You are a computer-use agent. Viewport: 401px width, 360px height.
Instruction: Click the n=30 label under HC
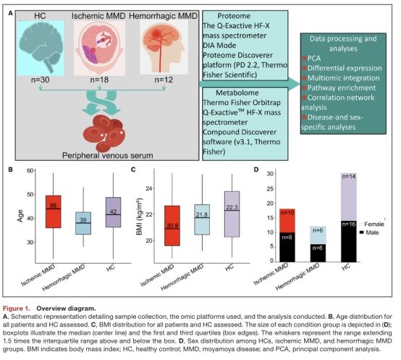coord(40,80)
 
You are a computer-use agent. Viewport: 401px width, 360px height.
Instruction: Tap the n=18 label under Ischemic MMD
coord(99,80)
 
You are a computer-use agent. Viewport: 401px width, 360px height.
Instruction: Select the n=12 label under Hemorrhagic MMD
coord(164,80)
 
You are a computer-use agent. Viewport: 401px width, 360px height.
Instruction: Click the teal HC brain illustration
coord(41,48)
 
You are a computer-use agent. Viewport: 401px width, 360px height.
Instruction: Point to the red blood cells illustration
coord(105,133)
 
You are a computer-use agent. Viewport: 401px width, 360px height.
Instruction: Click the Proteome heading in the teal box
coord(234,16)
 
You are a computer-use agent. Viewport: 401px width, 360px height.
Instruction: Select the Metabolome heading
coord(237,93)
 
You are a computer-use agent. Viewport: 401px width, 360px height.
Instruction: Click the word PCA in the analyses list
coord(314,59)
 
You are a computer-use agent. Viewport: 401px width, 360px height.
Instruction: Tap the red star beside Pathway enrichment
coord(304,88)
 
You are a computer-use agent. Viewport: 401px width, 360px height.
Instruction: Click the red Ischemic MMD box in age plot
coord(53,212)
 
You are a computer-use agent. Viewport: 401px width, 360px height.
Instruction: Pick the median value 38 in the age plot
coord(83,219)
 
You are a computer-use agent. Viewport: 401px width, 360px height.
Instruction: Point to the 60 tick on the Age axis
coord(30,170)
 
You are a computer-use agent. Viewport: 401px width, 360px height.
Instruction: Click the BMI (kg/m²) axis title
coord(140,217)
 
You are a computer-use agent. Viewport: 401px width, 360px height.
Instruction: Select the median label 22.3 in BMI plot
coord(232,207)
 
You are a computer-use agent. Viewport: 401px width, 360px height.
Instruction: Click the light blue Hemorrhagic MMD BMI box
coord(202,219)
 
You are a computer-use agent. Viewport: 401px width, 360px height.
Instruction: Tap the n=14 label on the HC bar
coord(349,176)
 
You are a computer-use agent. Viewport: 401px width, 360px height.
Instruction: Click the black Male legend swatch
coord(362,233)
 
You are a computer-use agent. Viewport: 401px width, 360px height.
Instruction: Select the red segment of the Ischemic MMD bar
coord(287,220)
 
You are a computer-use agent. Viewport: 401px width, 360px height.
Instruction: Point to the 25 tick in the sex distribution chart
coord(270,188)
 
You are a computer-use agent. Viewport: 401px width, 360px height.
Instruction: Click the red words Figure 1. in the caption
coord(17,308)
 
